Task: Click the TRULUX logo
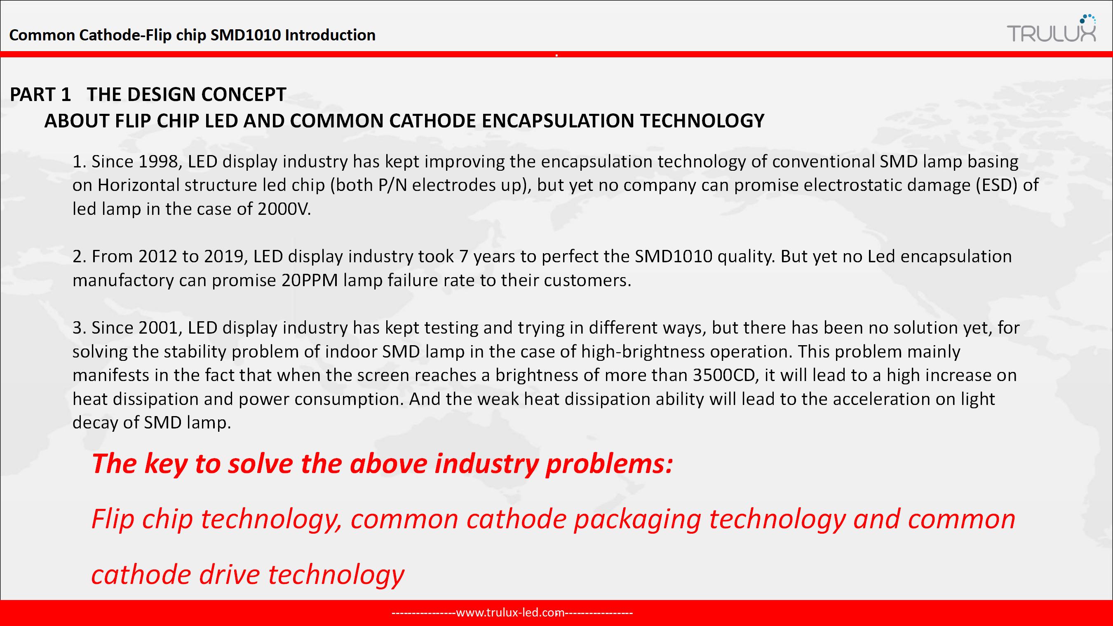pos(1051,28)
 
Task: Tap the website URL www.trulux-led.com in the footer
pos(510,613)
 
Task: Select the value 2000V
pos(284,209)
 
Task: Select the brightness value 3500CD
pos(726,375)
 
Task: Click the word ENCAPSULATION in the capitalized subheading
pos(557,120)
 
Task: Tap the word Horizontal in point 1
pos(138,186)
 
